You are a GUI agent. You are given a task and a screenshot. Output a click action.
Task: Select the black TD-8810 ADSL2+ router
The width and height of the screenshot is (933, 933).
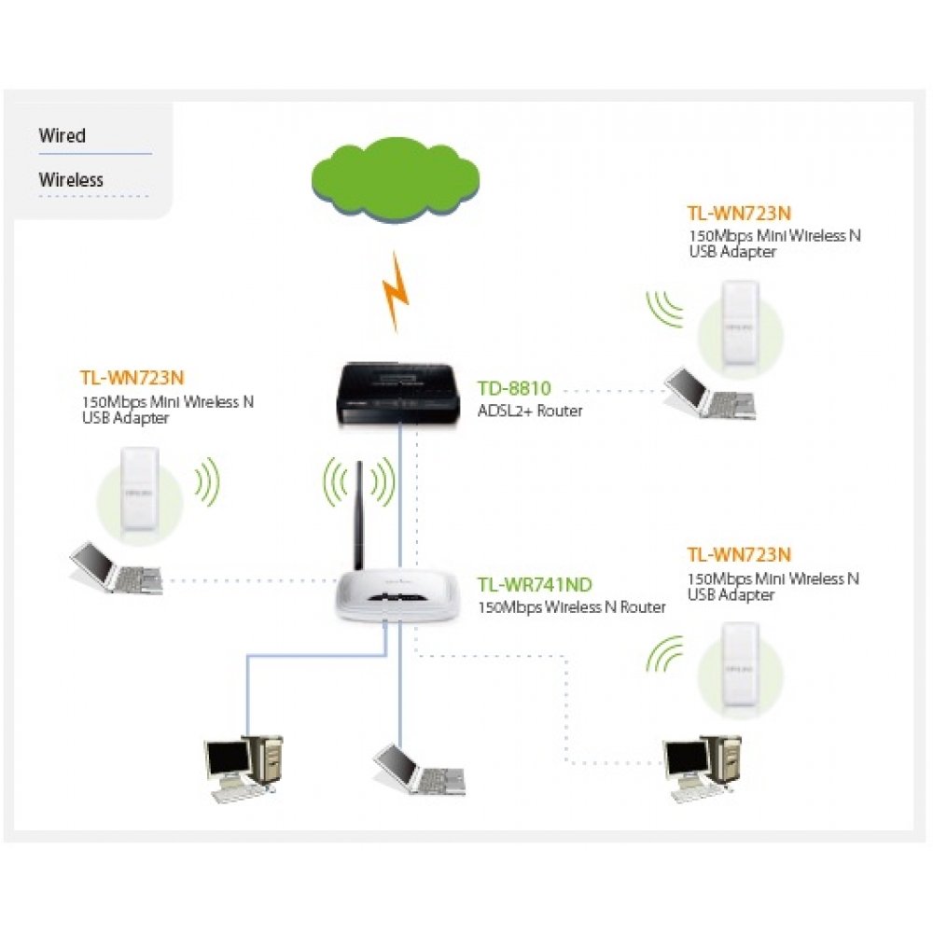(x=399, y=392)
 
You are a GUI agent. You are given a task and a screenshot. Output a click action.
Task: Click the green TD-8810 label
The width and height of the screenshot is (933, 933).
(x=514, y=388)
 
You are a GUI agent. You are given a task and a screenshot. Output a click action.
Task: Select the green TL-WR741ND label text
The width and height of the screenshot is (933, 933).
(x=535, y=586)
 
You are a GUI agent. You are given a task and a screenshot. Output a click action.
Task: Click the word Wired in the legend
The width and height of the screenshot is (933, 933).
(x=62, y=136)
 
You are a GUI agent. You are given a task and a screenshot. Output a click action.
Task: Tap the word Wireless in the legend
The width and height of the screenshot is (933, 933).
(x=71, y=180)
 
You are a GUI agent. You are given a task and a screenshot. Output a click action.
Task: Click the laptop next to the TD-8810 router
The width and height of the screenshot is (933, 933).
(x=710, y=392)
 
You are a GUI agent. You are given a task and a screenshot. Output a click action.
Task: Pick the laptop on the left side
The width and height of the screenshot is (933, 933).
(x=117, y=565)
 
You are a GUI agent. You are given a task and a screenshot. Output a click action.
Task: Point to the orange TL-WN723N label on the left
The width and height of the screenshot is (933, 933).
(x=132, y=378)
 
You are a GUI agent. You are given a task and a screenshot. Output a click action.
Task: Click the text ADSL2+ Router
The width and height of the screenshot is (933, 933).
(x=530, y=411)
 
